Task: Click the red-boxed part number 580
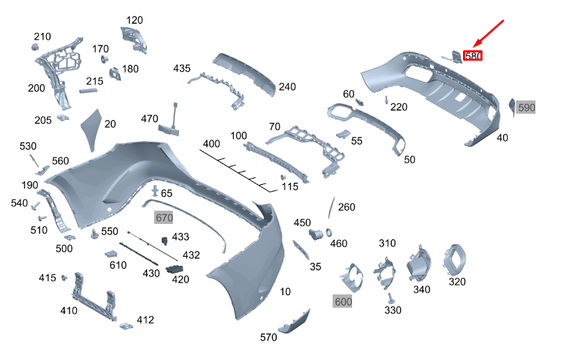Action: [x=473, y=56]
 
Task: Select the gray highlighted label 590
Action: [x=526, y=107]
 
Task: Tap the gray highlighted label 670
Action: [x=163, y=218]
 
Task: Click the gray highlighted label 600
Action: [x=343, y=301]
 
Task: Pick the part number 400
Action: [x=211, y=144]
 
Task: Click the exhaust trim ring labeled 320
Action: [x=457, y=261]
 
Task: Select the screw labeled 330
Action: [x=390, y=298]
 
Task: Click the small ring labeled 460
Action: [x=329, y=232]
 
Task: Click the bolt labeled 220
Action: [x=386, y=100]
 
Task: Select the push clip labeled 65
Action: [x=154, y=190]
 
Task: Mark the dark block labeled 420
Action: [x=174, y=269]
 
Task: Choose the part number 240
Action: [x=287, y=87]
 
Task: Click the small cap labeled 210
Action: [x=33, y=47]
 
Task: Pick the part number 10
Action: [x=285, y=291]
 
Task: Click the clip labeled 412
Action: [x=126, y=324]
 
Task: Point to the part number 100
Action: [x=238, y=135]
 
